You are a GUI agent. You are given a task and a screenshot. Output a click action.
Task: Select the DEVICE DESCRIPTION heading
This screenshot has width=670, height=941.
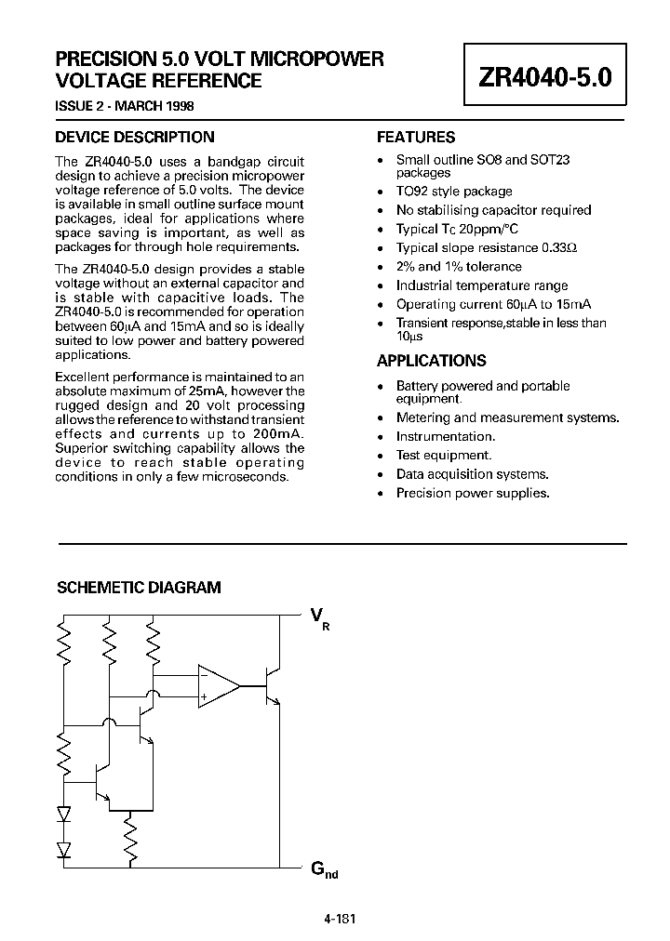tap(135, 137)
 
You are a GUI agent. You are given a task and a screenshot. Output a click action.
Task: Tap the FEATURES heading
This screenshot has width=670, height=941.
tap(416, 137)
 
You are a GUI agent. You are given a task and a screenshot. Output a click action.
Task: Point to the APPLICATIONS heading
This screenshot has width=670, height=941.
tap(431, 361)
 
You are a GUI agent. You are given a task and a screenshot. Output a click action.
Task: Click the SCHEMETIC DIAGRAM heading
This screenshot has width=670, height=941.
tap(140, 588)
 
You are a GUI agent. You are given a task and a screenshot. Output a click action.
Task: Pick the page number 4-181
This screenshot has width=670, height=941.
tap(340, 919)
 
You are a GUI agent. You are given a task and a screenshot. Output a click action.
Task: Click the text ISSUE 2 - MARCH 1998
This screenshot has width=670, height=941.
tap(125, 106)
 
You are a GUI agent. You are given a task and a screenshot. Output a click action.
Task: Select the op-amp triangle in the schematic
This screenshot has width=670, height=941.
tap(216, 686)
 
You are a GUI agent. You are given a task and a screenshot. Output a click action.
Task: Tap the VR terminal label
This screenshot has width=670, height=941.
tap(319, 617)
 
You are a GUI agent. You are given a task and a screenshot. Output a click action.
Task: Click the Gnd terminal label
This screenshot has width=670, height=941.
tap(321, 870)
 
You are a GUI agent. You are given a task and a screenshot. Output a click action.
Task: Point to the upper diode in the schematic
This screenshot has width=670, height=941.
tap(64, 814)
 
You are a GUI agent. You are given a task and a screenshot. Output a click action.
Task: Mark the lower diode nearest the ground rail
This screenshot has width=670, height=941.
tap(64, 848)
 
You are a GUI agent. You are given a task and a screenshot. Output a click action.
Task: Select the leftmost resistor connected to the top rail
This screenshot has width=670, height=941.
tap(64, 642)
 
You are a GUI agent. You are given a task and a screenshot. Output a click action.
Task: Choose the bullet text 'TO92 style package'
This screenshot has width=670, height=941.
tap(454, 191)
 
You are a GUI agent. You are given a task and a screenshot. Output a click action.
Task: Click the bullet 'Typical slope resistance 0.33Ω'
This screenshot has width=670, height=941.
tap(487, 248)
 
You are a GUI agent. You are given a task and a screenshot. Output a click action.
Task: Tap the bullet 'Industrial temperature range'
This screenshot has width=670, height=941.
tap(482, 285)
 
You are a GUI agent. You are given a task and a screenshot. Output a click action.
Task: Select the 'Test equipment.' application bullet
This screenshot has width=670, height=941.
tap(444, 456)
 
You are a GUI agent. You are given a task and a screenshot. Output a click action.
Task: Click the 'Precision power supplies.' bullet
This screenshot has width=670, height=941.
tap(473, 493)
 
